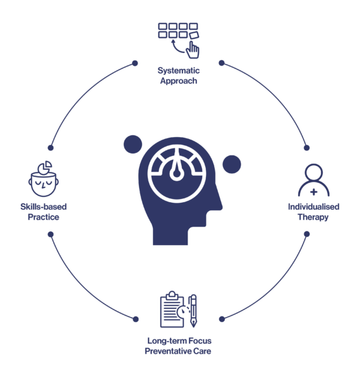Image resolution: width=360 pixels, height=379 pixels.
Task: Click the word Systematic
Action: (179, 71)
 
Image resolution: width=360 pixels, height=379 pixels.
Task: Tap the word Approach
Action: (179, 81)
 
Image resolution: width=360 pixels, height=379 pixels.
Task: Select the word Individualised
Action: (314, 207)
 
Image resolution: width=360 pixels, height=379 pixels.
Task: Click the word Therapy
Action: (313, 217)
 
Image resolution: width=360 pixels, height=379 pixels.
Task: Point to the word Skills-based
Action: (44, 207)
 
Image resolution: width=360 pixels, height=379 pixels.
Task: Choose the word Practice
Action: (44, 217)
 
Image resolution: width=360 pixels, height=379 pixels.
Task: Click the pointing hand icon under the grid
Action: (193, 50)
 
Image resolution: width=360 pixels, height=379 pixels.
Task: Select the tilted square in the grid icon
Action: (194, 35)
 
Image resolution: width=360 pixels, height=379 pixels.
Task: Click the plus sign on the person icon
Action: (314, 192)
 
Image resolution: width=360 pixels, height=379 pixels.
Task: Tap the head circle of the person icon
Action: (314, 172)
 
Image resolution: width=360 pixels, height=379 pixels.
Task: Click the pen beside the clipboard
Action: (193, 311)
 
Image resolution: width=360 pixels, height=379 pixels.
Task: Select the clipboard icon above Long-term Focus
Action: (172, 310)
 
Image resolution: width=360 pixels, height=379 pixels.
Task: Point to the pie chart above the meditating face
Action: (45, 167)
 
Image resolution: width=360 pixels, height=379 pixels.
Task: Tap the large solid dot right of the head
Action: (232, 164)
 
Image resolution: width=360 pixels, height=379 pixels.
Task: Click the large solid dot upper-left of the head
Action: (133, 144)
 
